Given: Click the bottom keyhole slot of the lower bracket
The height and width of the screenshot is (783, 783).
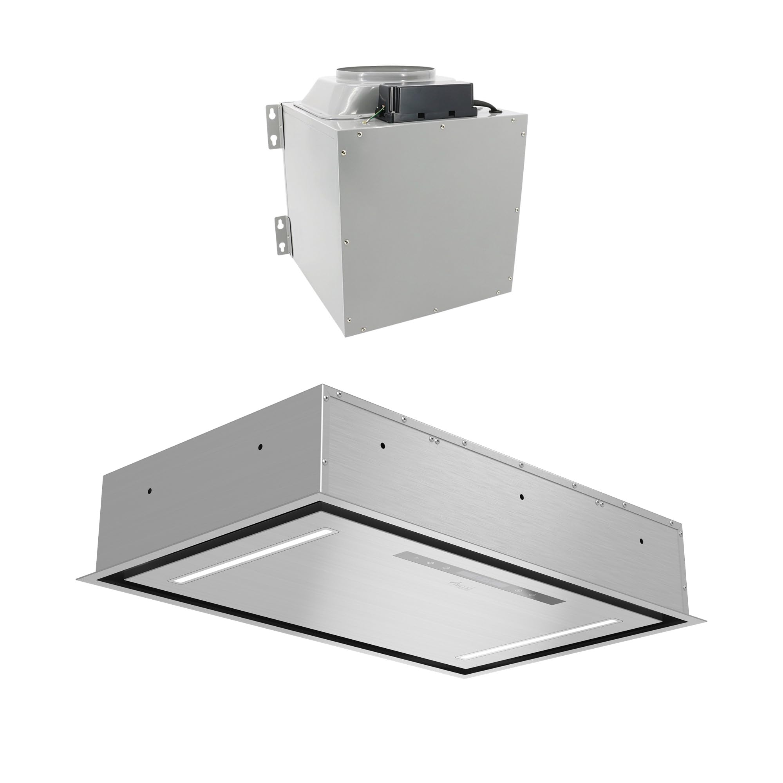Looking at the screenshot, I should pyautogui.click(x=280, y=246).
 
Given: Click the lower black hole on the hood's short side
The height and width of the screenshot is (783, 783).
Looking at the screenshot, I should pyautogui.click(x=150, y=491).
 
